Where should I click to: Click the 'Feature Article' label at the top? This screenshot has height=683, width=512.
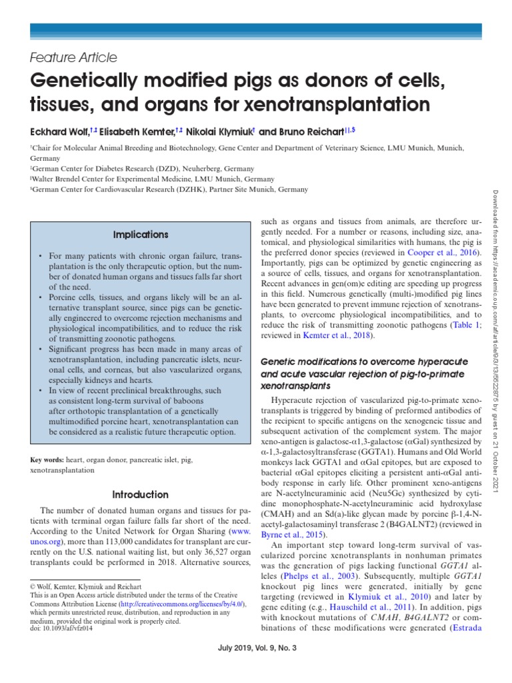(x=74, y=57)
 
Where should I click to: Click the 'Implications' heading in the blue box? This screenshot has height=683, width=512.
(x=140, y=235)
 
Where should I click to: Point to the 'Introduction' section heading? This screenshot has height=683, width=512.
(x=140, y=495)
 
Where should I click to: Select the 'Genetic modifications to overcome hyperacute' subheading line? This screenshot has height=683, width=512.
(x=363, y=361)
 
